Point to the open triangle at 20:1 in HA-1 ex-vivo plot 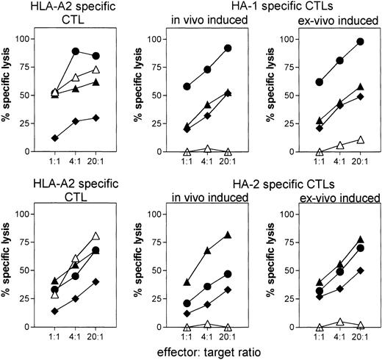pyautogui.click(x=339, y=140)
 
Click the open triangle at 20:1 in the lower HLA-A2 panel pyautogui.click(x=95, y=237)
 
